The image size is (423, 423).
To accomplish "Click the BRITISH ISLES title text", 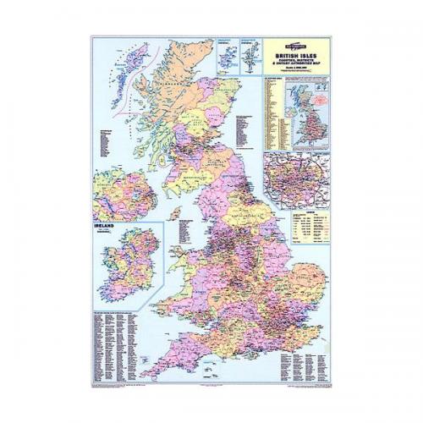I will (x=295, y=52).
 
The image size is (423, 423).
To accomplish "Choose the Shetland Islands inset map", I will (x=250, y=52).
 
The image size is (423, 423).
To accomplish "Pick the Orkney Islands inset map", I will (x=227, y=52).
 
